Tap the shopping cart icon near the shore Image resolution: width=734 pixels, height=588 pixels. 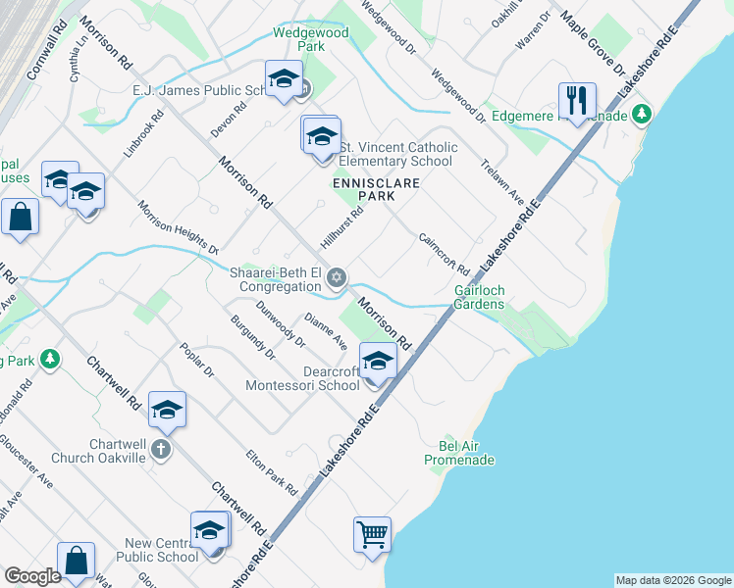pos(372,535)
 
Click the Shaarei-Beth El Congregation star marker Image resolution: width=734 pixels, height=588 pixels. pos(337,278)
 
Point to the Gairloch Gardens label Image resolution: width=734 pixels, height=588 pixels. pos(479,297)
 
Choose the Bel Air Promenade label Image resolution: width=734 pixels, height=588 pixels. pos(459,452)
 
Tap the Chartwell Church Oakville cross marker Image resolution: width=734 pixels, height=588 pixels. pos(162,450)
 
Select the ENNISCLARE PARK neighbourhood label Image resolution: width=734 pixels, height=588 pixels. pos(362,189)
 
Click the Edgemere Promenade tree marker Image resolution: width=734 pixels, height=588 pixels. pos(642,115)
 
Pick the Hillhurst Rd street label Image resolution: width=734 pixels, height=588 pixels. pos(341,226)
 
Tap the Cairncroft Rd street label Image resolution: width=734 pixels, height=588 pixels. pos(444,253)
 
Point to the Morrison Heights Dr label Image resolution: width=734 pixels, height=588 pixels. pos(178,227)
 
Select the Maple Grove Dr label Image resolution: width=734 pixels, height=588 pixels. pos(592,43)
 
